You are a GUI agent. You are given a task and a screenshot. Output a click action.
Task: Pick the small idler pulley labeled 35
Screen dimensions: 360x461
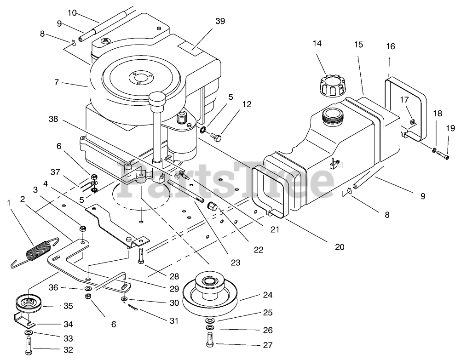[29, 303]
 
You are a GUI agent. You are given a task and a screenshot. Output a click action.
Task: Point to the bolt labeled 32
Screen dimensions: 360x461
[29, 344]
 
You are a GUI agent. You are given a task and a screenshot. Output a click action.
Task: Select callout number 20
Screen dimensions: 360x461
[340, 247]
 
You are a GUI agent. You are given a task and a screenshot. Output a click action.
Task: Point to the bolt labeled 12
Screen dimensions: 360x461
[216, 136]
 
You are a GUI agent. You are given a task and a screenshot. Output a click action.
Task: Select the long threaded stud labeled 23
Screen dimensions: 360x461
[186, 190]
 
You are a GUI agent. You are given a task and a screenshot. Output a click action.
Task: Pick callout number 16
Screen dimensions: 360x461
[390, 46]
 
